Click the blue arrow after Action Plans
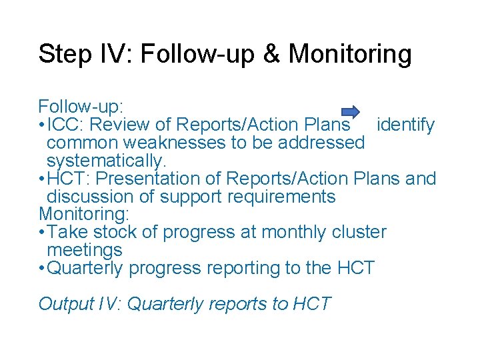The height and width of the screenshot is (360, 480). pyautogui.click(x=351, y=111)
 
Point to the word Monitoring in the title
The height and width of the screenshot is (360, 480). pyautogui.click(x=350, y=54)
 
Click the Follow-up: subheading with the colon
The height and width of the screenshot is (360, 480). pyautogui.click(x=81, y=107)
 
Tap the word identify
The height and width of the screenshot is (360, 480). pyautogui.click(x=405, y=125)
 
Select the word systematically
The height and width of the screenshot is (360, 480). pyautogui.click(x=106, y=161)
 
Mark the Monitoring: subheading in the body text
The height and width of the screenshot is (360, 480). pyautogui.click(x=84, y=214)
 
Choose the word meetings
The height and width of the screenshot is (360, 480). pyautogui.click(x=85, y=251)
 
